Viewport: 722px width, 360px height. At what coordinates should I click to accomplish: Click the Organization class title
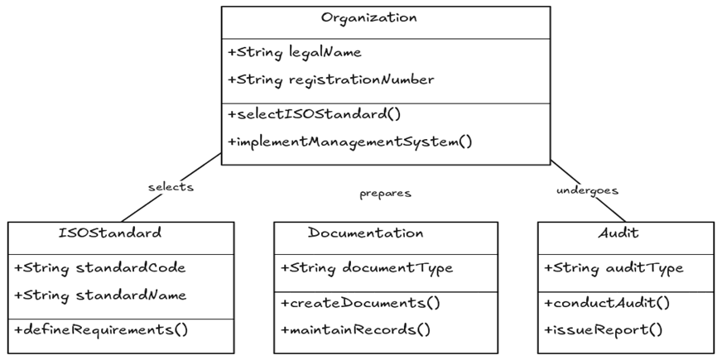(368, 18)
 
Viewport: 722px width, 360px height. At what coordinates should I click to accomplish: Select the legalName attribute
(293, 53)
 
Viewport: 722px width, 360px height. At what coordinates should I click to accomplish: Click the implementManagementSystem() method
(349, 142)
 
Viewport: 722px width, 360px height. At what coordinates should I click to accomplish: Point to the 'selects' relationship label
(171, 187)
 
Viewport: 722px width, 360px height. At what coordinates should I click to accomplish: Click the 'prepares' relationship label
(385, 194)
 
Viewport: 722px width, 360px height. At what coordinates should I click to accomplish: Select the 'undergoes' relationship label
(587, 190)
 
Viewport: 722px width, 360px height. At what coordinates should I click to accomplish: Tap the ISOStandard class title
(110, 233)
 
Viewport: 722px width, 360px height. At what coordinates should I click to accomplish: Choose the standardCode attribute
(99, 268)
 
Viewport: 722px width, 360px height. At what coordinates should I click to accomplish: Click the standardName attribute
(99, 295)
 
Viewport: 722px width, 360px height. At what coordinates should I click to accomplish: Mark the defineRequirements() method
(101, 329)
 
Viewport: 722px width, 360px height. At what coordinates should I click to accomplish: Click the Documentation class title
(365, 233)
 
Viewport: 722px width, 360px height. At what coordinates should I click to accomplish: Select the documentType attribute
(366, 268)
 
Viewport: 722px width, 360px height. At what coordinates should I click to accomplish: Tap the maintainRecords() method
(356, 329)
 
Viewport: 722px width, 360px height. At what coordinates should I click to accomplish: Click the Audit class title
(618, 233)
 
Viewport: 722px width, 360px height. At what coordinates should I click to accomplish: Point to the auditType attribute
(613, 268)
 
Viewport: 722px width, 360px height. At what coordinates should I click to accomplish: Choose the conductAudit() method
(609, 302)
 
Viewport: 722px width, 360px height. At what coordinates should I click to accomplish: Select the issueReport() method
(604, 329)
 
